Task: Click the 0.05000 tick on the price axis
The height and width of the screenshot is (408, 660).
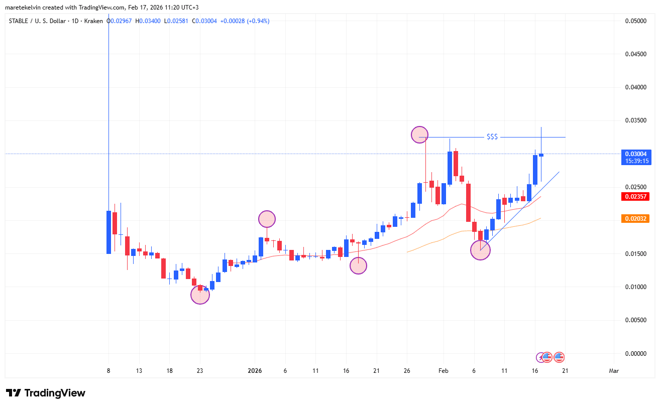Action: (635, 21)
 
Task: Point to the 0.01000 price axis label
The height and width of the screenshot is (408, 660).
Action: (635, 287)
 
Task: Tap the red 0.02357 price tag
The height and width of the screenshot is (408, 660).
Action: (635, 196)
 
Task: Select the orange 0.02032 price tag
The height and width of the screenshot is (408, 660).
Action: (635, 219)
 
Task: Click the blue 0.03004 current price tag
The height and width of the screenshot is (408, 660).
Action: (635, 154)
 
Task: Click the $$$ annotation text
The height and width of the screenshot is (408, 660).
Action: (492, 137)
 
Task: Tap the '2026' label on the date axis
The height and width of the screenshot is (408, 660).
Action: (255, 371)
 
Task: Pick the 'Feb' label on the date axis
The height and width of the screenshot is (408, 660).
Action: (443, 371)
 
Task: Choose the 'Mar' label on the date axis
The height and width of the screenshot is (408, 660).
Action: (613, 371)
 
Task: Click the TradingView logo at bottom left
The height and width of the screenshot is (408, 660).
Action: (46, 393)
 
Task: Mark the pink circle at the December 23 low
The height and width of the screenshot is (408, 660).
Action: (200, 295)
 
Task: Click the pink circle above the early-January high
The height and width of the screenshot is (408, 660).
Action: (267, 219)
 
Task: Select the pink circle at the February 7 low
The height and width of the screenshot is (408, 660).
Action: (480, 250)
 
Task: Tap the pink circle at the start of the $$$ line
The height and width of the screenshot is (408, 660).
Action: (419, 134)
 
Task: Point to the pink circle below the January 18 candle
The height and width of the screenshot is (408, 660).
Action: (358, 266)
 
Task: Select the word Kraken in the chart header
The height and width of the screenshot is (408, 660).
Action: (93, 21)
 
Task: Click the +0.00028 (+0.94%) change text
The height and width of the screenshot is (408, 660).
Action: (246, 21)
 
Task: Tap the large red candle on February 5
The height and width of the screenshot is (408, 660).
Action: (468, 202)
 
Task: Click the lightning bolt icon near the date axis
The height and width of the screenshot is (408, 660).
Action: (540, 357)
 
